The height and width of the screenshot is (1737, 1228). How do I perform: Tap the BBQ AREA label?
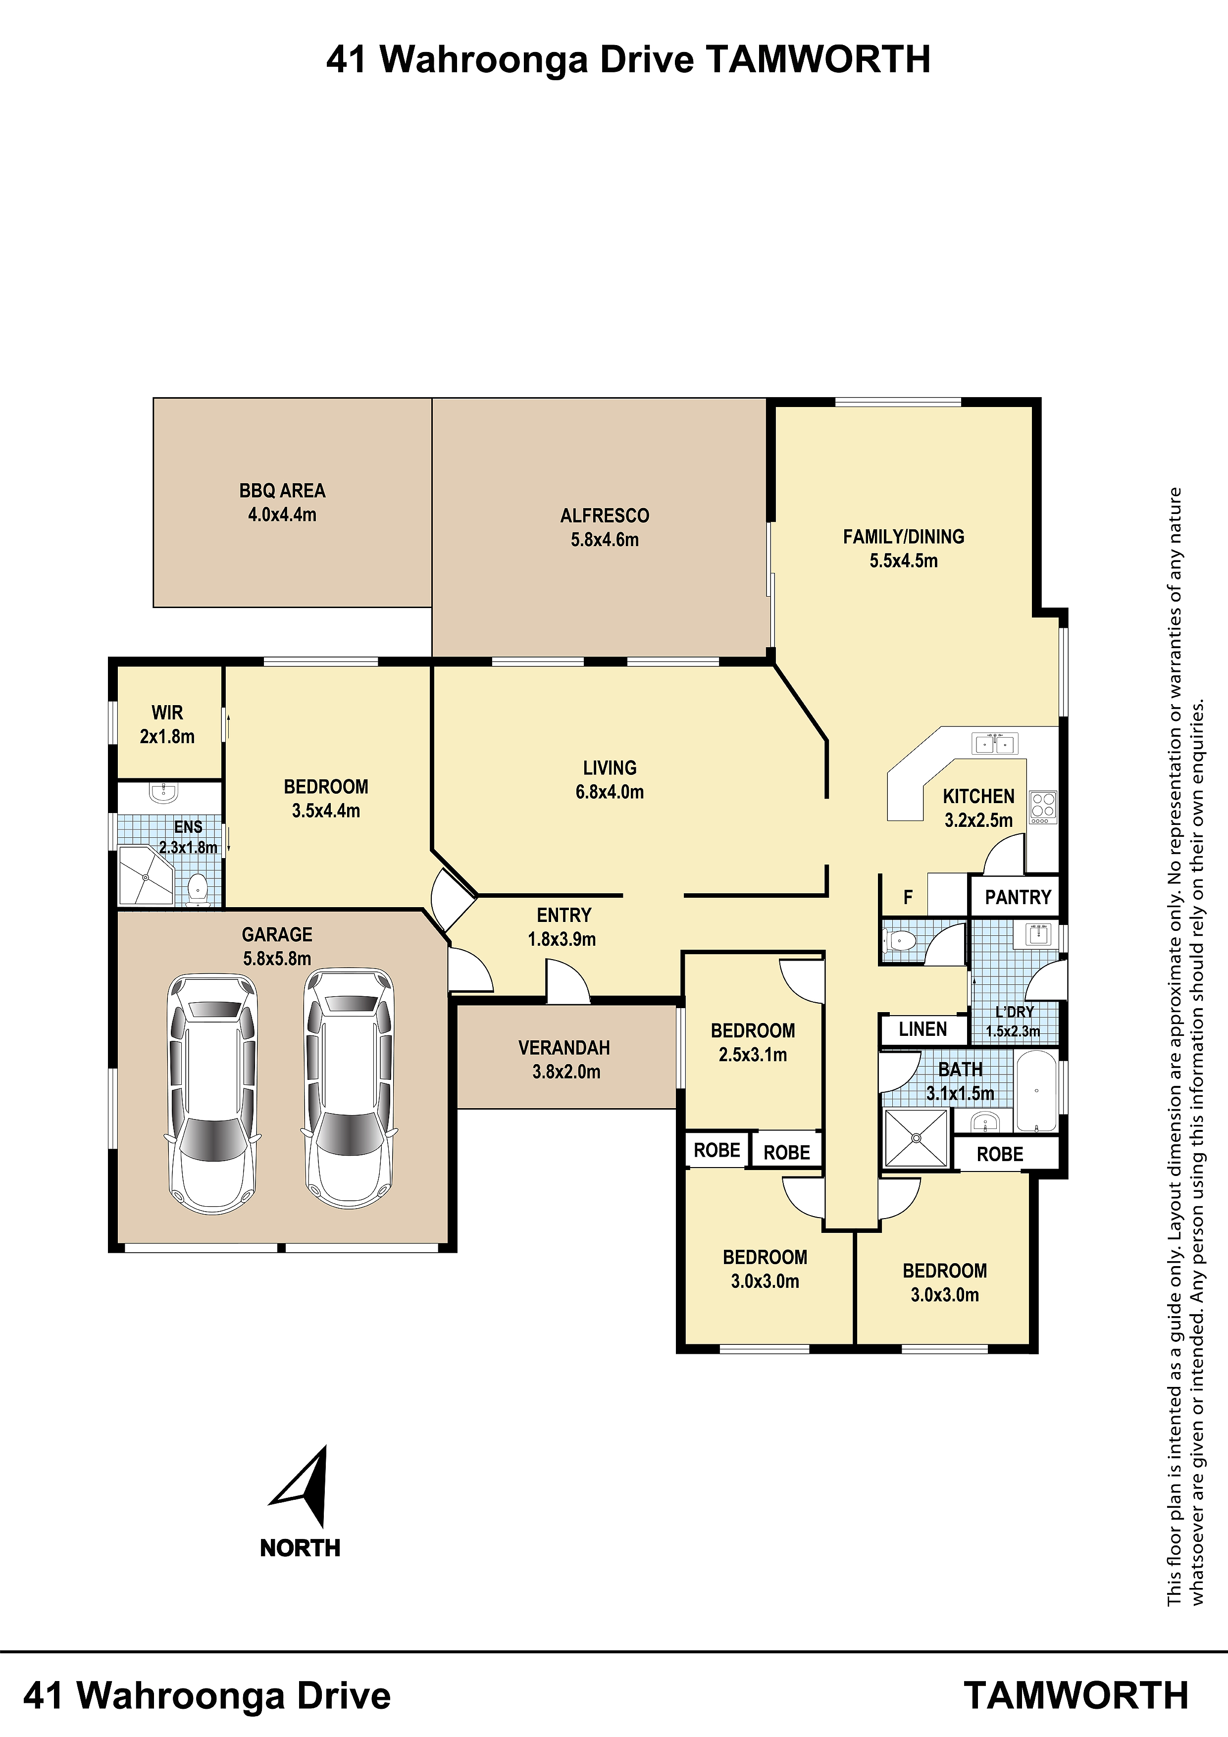[282, 491]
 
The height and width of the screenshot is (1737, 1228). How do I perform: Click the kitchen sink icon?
[994, 744]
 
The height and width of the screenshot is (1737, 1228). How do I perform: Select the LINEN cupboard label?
[922, 1029]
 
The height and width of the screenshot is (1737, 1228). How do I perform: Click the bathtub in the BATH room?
[1036, 1091]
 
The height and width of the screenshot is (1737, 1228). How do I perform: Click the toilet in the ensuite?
[198, 890]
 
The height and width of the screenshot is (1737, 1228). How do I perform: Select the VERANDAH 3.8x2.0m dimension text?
[566, 1072]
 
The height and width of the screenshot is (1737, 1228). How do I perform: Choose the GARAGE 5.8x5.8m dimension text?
[277, 959]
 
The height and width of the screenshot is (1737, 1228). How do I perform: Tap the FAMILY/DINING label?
[903, 537]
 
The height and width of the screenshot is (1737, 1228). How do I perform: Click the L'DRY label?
[1014, 1012]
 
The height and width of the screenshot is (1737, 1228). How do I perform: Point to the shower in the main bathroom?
[916, 1138]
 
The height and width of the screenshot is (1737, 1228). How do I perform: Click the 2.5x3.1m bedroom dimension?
[753, 1055]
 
